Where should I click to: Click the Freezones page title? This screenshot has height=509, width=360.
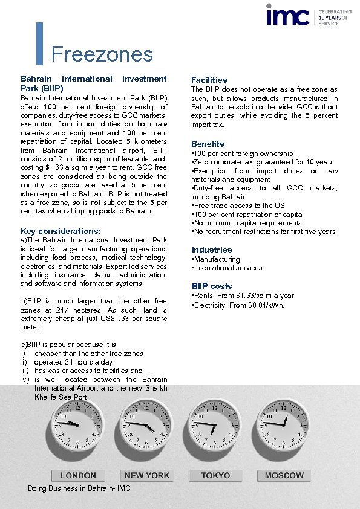pos(102,54)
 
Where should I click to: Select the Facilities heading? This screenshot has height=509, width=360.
pos(209,80)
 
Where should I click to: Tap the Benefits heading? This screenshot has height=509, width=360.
pos(208,144)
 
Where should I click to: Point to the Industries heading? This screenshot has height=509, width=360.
pos(211,250)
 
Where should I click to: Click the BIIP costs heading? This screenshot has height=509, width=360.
pos(212,286)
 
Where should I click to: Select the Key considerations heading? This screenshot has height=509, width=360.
pos(61,231)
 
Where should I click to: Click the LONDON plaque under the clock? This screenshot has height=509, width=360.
pos(78,476)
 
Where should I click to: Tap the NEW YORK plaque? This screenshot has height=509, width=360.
pos(147,476)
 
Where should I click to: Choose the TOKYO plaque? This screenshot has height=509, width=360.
pos(215,476)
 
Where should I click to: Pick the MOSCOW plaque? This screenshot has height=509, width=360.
pos(284,476)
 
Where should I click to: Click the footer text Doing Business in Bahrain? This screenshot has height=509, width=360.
pos(79,488)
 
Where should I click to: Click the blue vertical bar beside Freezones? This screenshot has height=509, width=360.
pos(40,44)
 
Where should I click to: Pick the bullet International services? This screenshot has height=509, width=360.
pos(227,268)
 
